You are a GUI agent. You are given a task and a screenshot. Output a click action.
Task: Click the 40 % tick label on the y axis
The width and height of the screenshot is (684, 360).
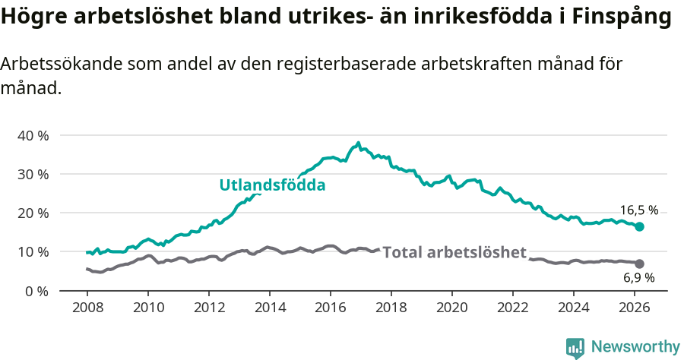pyautogui.click(x=33, y=135)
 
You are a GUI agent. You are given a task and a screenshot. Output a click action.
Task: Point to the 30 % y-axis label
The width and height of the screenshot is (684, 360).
pyautogui.click(x=33, y=174)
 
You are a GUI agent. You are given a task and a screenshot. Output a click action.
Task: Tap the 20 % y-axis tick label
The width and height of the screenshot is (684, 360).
pyautogui.click(x=33, y=213)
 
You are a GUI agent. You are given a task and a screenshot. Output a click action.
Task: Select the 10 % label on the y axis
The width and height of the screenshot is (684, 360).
pyautogui.click(x=33, y=251)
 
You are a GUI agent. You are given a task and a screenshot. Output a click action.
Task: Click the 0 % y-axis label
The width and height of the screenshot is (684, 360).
pyautogui.click(x=36, y=291)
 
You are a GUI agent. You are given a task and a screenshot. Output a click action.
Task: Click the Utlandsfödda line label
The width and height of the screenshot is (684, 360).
pyautogui.click(x=272, y=185)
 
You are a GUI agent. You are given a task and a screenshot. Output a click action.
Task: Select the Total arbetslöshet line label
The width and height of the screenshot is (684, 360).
pyautogui.click(x=454, y=252)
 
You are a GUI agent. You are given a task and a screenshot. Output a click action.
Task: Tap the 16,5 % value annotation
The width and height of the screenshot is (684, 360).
pyautogui.click(x=638, y=210)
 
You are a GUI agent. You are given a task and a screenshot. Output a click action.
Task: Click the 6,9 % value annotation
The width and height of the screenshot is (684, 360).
pyautogui.click(x=638, y=278)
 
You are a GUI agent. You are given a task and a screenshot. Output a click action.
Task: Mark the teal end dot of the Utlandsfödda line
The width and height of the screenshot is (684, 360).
pyautogui.click(x=639, y=226)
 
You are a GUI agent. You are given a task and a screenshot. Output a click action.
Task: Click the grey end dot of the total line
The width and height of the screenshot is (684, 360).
pyautogui.click(x=639, y=264)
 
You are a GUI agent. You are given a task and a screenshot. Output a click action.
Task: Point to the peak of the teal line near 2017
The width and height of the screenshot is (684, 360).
pyautogui.click(x=358, y=143)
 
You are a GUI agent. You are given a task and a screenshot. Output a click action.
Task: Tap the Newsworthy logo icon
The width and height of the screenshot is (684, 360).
pyautogui.click(x=575, y=347)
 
